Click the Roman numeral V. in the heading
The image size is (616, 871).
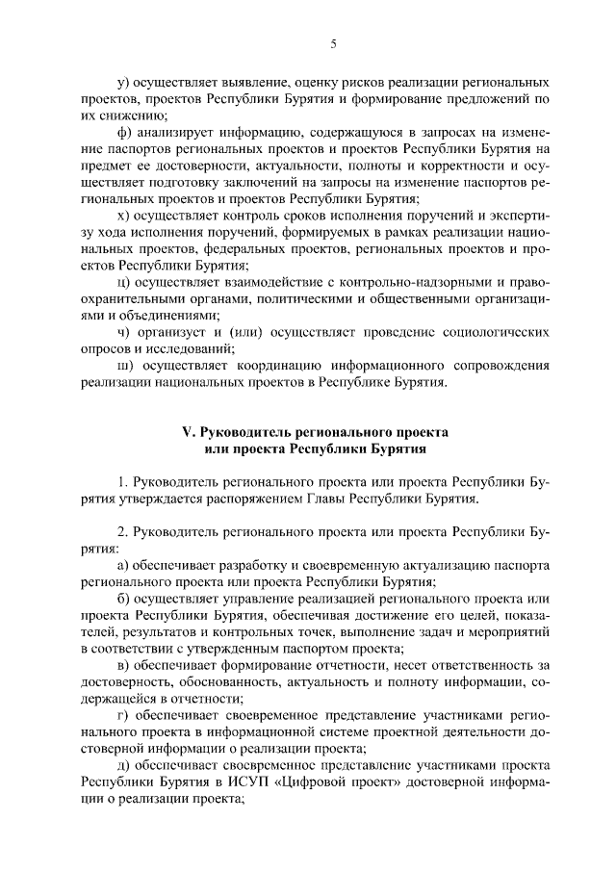coord(190,432)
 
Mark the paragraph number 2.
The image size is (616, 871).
coord(120,532)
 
